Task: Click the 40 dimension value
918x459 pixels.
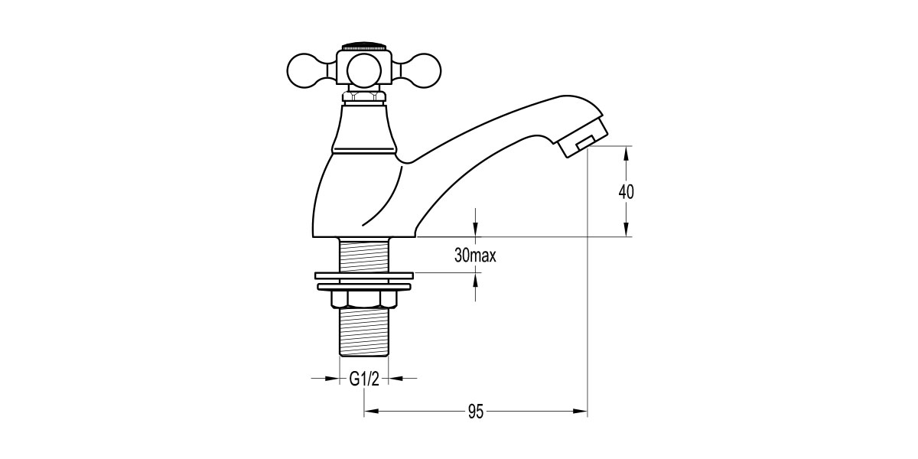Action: point(627,191)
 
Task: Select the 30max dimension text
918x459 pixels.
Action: point(475,256)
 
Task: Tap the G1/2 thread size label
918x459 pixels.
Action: point(364,378)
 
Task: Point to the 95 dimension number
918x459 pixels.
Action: point(475,412)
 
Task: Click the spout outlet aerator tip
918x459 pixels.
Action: point(584,142)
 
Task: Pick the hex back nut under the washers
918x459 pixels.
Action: point(364,300)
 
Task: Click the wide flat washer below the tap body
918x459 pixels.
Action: point(364,273)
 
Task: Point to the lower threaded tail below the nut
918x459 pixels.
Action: point(364,334)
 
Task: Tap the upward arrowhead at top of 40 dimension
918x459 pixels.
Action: point(627,151)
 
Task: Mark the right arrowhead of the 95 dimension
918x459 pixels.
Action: point(581,412)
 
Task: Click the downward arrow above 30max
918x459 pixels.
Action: point(476,230)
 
